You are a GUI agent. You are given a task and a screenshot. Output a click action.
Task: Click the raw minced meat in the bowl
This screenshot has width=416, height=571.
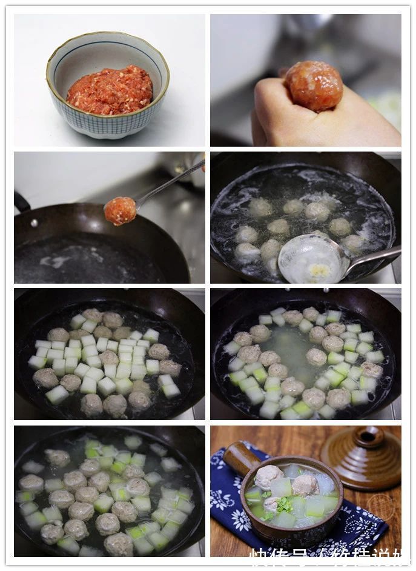[110, 91]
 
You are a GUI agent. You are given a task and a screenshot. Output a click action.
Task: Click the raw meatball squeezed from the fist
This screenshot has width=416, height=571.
[314, 85]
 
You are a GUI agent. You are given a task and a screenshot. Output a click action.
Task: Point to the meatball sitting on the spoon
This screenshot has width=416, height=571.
[121, 211]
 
